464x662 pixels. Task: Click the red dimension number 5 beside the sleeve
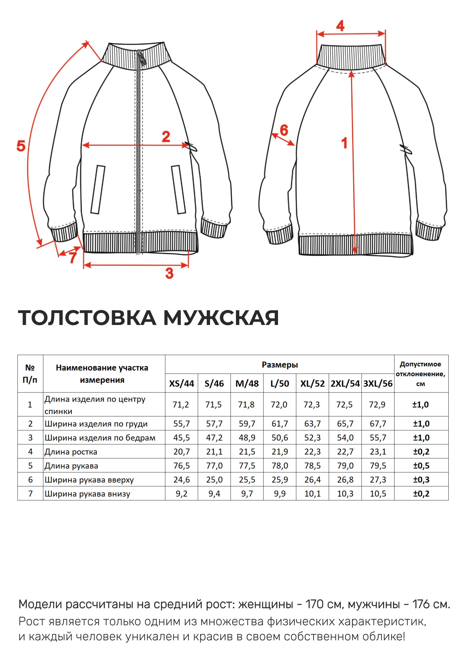pos(21,146)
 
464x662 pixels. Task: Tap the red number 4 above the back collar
pos(340,26)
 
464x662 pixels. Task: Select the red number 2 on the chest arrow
pos(166,137)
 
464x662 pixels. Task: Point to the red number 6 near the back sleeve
pos(284,130)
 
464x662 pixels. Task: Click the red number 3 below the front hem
pos(169,273)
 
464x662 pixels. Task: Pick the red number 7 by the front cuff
pos(73,258)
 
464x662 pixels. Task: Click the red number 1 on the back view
pos(345,143)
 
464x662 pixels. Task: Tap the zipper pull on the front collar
pos(141,57)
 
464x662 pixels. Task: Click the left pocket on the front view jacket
pos(98,190)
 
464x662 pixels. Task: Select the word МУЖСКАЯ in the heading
pos(221,318)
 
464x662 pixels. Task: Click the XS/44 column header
pos(181,384)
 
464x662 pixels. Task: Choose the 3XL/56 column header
pos(378,384)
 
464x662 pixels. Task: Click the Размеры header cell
pos(280,365)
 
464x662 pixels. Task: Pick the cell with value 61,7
pos(280,424)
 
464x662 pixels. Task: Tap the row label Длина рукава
pos(71,466)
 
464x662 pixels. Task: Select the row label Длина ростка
pos(71,452)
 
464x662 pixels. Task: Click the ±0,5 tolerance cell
pos(421,466)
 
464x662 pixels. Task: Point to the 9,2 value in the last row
pos(181,494)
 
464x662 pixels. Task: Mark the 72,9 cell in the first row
pos(377,405)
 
